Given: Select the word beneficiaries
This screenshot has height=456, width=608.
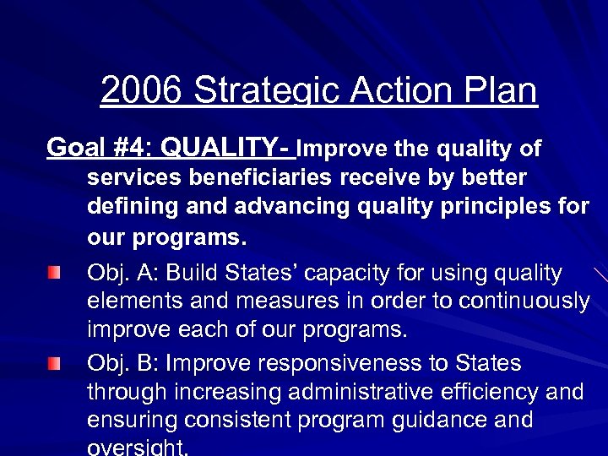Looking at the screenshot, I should (x=261, y=179).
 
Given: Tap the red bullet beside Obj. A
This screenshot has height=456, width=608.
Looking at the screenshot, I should (x=54, y=274).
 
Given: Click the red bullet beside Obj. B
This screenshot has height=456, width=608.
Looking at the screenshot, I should (x=54, y=364).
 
